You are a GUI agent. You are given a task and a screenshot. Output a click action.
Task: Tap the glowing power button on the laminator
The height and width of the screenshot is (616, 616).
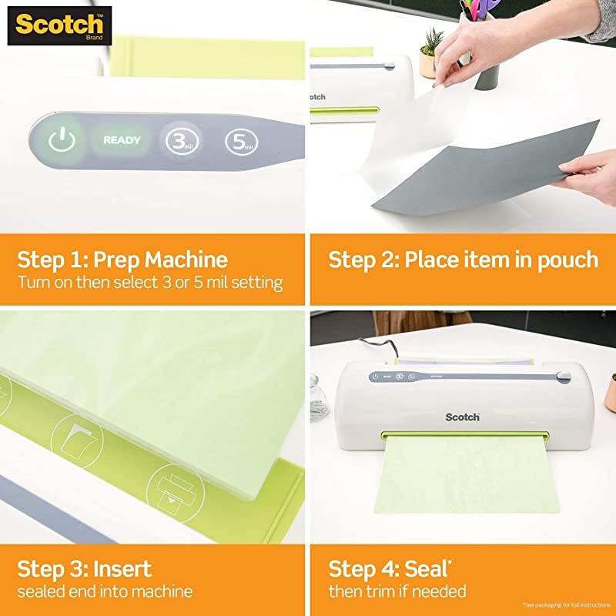click(62, 140)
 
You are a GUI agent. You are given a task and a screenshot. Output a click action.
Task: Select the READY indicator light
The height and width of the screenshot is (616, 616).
click(122, 140)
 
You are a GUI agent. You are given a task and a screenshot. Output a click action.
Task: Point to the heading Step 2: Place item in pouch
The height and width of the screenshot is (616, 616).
click(463, 259)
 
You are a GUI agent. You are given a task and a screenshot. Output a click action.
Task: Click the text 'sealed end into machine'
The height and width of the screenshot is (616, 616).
click(105, 591)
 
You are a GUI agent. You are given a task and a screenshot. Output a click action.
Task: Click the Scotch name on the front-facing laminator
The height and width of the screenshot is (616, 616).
click(462, 417)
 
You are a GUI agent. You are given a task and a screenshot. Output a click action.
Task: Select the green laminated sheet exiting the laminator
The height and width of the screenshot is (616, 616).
click(470, 477)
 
